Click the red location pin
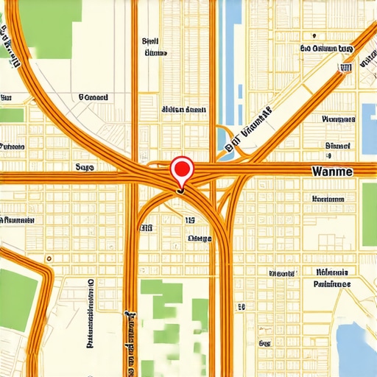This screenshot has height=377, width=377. click(181, 170)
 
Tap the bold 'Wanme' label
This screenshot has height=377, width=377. click(333, 171)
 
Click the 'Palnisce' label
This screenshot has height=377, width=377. click(331, 283)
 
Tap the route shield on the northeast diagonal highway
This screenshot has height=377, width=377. click(344, 68)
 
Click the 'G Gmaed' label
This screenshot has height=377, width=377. click(93, 96)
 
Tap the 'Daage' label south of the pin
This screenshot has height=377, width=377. click(200, 238)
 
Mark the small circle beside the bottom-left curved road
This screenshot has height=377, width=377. click(49, 258)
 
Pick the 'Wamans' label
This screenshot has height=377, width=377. click(338, 118)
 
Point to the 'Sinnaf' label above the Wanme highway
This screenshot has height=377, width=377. click(338, 145)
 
